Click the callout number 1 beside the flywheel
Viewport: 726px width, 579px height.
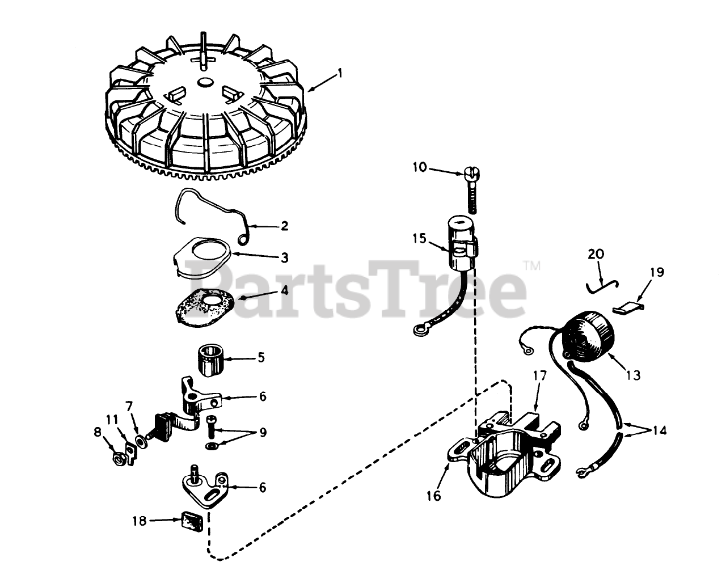click(340, 73)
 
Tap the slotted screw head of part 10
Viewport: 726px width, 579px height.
click(472, 174)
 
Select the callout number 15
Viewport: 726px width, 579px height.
click(420, 239)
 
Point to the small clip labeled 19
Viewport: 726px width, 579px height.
click(628, 307)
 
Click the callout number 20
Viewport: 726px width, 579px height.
click(596, 253)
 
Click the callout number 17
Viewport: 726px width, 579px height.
click(540, 375)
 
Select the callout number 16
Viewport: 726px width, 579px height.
click(433, 496)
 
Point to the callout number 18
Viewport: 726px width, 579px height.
click(139, 521)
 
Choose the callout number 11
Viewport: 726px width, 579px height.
click(112, 420)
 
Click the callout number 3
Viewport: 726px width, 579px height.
click(284, 258)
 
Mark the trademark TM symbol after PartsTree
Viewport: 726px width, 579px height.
click(532, 266)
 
